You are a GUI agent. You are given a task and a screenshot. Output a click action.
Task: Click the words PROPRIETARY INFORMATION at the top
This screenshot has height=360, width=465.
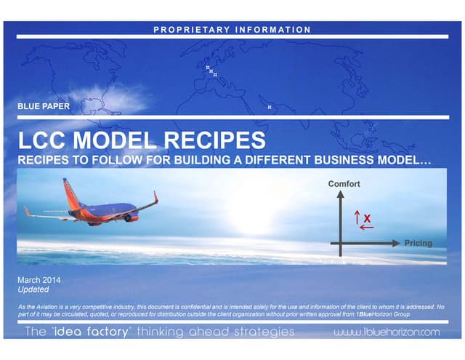(x=233, y=30)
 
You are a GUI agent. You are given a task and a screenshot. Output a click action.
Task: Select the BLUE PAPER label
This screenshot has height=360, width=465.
(x=44, y=107)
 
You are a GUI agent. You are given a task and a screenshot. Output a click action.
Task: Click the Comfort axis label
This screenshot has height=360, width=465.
(x=344, y=184)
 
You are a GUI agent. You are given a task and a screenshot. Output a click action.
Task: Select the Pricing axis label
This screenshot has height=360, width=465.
(x=418, y=243)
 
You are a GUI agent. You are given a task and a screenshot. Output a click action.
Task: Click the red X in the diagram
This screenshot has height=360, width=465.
(x=367, y=217)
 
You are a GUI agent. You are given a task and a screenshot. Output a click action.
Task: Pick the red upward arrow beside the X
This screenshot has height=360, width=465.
(x=357, y=217)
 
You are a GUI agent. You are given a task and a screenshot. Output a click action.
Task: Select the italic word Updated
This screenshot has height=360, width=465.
(x=33, y=289)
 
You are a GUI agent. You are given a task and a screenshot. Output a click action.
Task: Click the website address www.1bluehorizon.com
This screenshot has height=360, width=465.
(x=387, y=332)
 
